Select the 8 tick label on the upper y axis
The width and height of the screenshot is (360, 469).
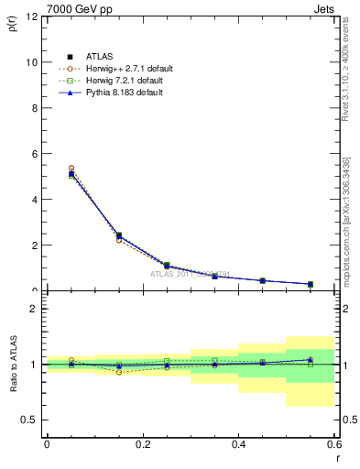point(33,108)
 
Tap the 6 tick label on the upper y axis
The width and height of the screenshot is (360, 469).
point(33,154)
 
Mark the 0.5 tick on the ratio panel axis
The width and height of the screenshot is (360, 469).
point(29,420)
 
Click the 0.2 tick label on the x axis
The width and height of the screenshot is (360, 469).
point(142,443)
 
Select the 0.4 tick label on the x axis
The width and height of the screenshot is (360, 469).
point(238,443)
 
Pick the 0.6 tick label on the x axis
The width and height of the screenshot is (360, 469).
point(334,443)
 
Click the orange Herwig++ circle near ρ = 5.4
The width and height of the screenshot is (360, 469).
point(71,169)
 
